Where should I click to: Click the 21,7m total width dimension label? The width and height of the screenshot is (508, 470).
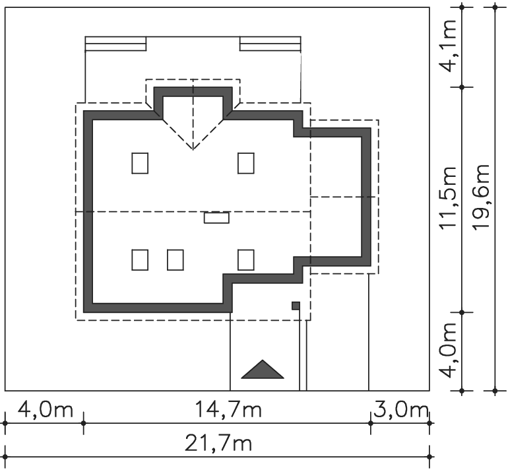tap(218, 444)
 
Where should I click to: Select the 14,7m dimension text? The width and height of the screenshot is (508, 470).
tap(228, 409)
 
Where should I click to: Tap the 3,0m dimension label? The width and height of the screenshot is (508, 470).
tap(401, 410)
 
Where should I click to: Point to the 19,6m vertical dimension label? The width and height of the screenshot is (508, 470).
tap(480, 197)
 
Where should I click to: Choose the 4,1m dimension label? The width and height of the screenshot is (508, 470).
tap(447, 46)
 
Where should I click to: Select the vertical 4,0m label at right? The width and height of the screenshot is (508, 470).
tap(447, 351)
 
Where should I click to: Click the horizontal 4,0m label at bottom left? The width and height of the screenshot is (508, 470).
tap(46, 409)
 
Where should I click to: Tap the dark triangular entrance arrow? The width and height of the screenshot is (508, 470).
tap(263, 369)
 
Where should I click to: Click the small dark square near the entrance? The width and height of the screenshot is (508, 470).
tap(296, 306)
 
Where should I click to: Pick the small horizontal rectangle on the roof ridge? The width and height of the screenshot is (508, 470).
tap(216, 217)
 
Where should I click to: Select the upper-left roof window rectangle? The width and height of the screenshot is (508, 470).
tap(140, 163)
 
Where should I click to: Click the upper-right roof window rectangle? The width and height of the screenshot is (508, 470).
tap(246, 163)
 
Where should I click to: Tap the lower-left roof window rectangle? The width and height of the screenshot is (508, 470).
tap(140, 260)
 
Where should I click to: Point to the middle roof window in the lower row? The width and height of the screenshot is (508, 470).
tap(175, 260)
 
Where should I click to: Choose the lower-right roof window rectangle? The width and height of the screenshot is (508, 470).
tap(246, 260)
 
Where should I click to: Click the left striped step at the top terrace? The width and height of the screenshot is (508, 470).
tap(115, 44)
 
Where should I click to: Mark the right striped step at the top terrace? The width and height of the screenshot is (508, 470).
tap(270, 44)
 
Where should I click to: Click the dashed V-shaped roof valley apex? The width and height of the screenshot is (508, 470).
tap(193, 149)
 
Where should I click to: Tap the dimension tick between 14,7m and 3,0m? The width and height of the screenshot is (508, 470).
tap(371, 423)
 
